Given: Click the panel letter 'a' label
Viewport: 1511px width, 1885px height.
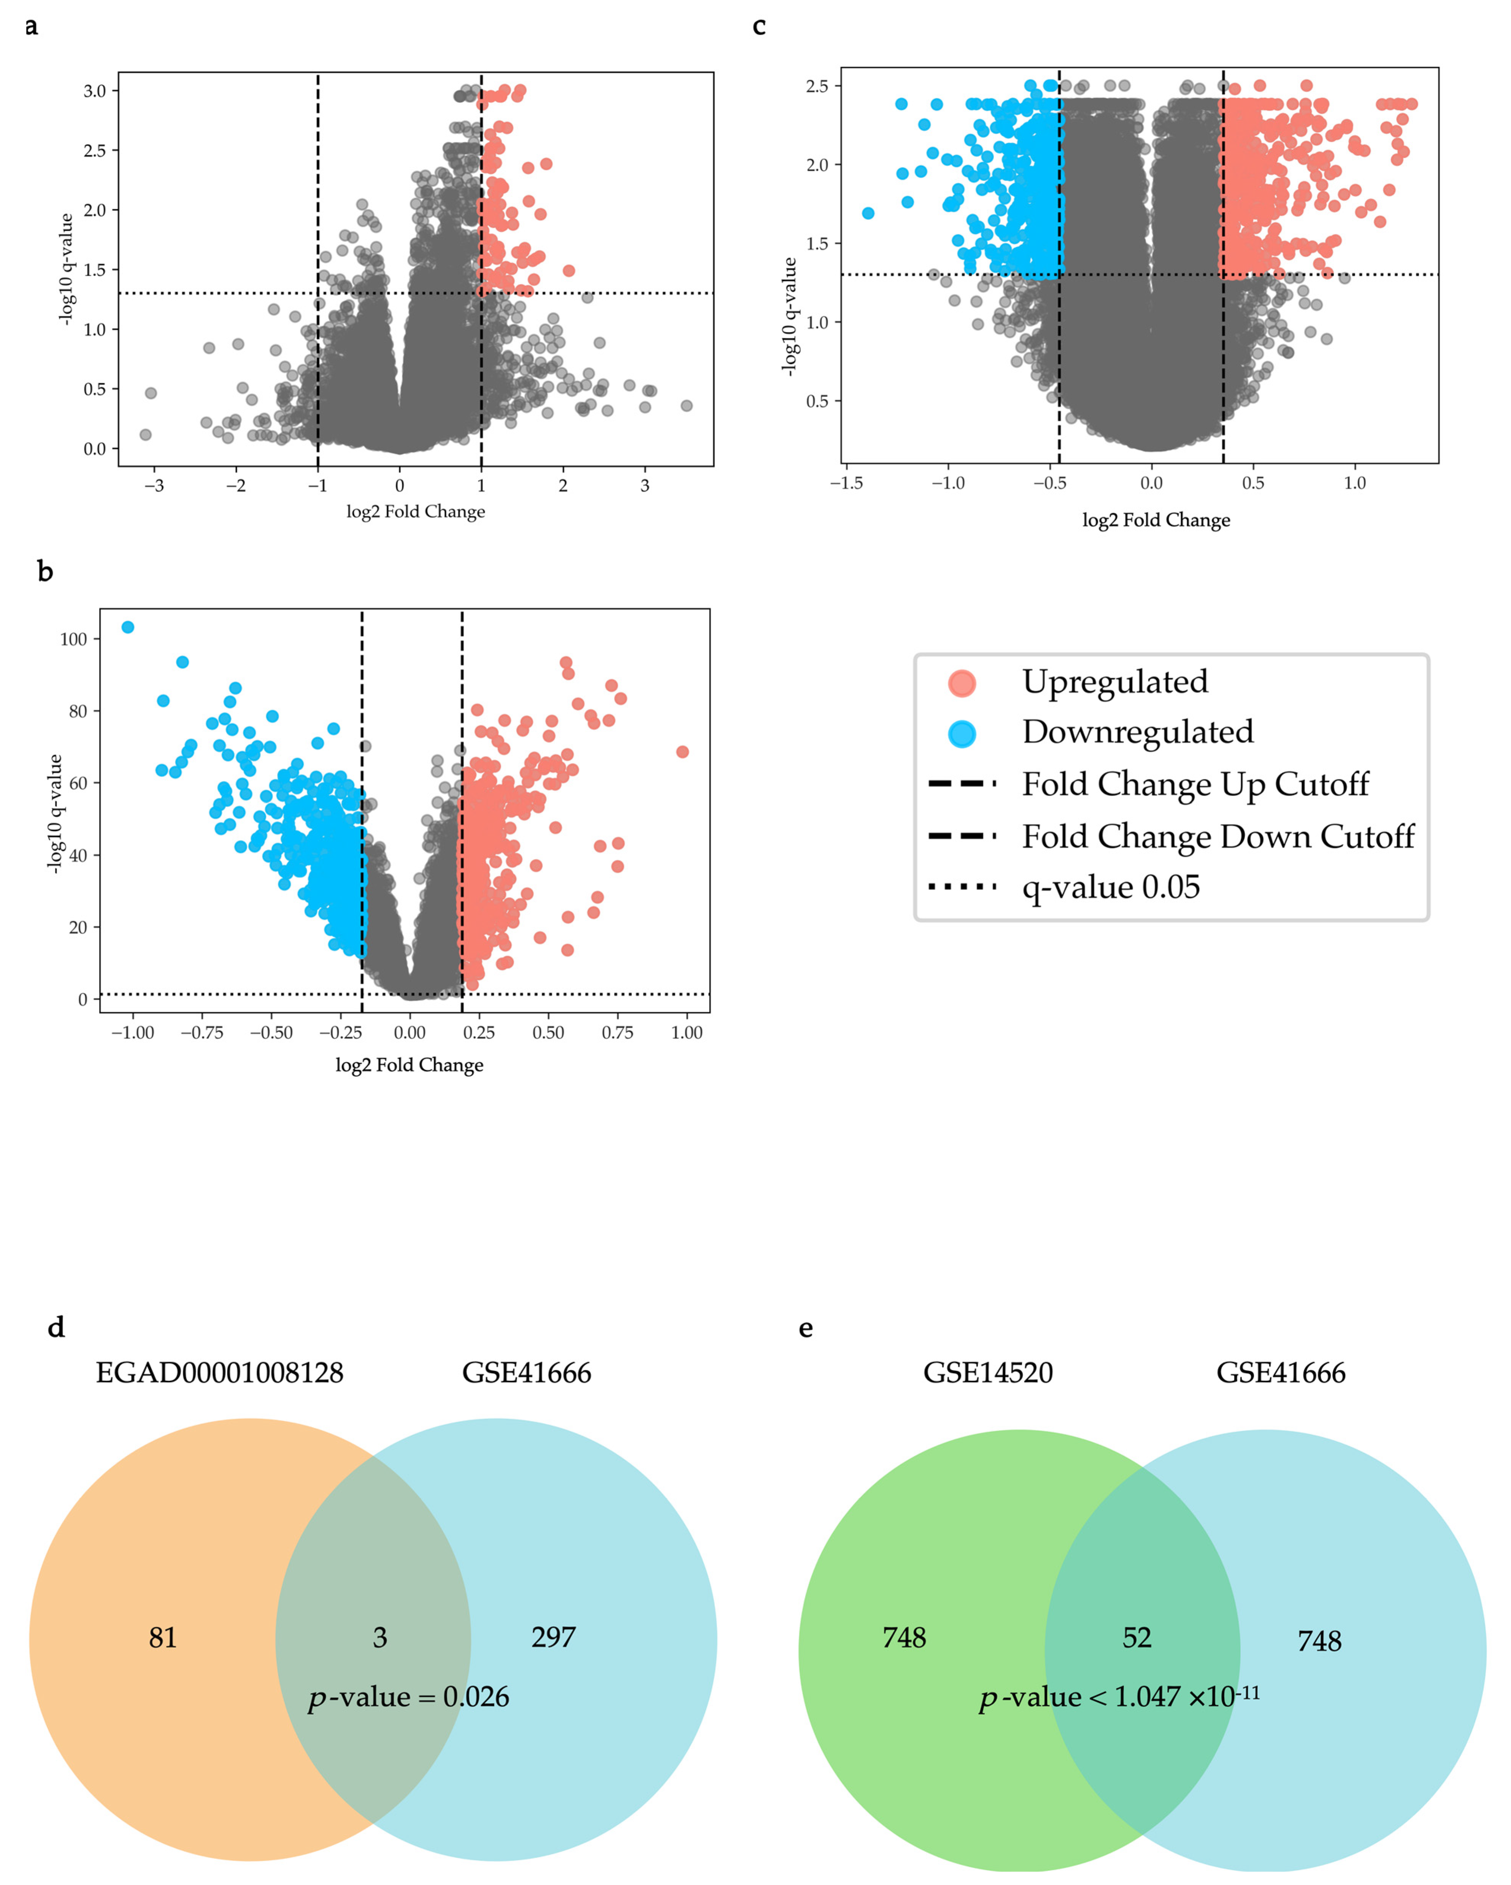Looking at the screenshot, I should coord(32,27).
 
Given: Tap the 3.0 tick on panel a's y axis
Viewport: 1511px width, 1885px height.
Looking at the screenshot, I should coord(94,91).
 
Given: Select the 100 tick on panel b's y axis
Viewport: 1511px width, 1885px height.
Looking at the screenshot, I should coord(73,639).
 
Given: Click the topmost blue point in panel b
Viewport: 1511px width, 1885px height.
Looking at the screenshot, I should coord(128,627).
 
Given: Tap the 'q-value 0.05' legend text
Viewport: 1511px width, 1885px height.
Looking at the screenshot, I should coord(1111,887).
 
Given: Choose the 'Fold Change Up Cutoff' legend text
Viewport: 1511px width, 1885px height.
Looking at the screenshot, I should coord(1194,784).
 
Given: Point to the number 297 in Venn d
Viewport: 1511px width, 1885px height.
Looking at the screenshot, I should coord(554,1637).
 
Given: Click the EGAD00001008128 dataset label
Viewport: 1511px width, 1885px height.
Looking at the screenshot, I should coord(219,1372).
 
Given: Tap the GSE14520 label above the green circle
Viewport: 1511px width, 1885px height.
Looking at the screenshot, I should coord(988,1372).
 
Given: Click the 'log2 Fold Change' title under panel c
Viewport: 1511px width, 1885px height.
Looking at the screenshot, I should coord(1156,520).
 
